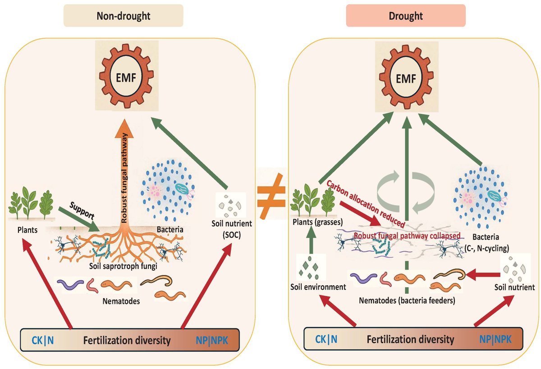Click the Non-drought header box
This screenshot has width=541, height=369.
click(123, 15)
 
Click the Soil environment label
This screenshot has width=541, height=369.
click(318, 286)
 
